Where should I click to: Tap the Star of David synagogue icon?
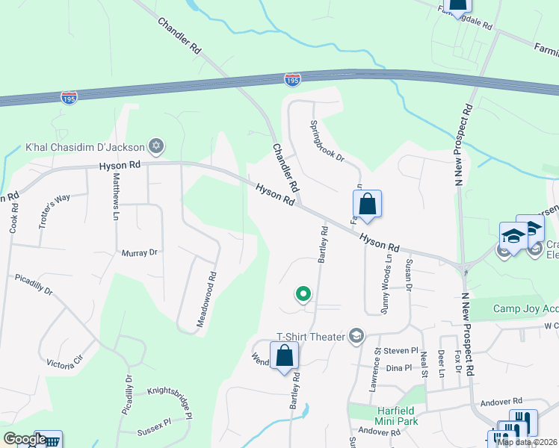156,145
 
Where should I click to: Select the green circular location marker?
303,294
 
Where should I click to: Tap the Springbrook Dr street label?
327,141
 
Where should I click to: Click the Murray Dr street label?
140,253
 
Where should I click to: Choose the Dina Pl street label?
398,368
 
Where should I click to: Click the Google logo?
24,439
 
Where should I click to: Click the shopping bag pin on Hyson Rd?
367,204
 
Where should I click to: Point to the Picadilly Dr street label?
34,287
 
